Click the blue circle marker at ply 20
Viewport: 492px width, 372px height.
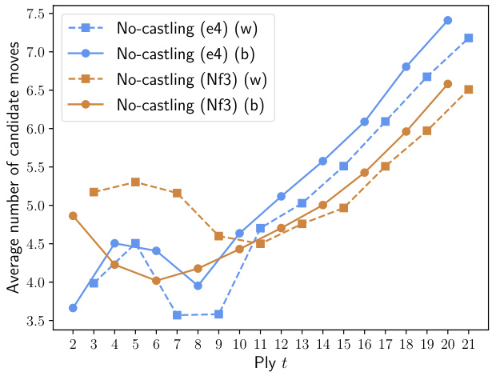tap(448, 20)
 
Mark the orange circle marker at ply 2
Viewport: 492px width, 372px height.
tap(73, 216)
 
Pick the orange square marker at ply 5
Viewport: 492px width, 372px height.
tap(135, 182)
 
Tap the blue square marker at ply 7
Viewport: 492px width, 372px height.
tap(177, 315)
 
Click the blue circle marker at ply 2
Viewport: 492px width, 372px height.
tap(73, 308)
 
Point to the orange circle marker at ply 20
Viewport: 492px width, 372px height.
tap(448, 83)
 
